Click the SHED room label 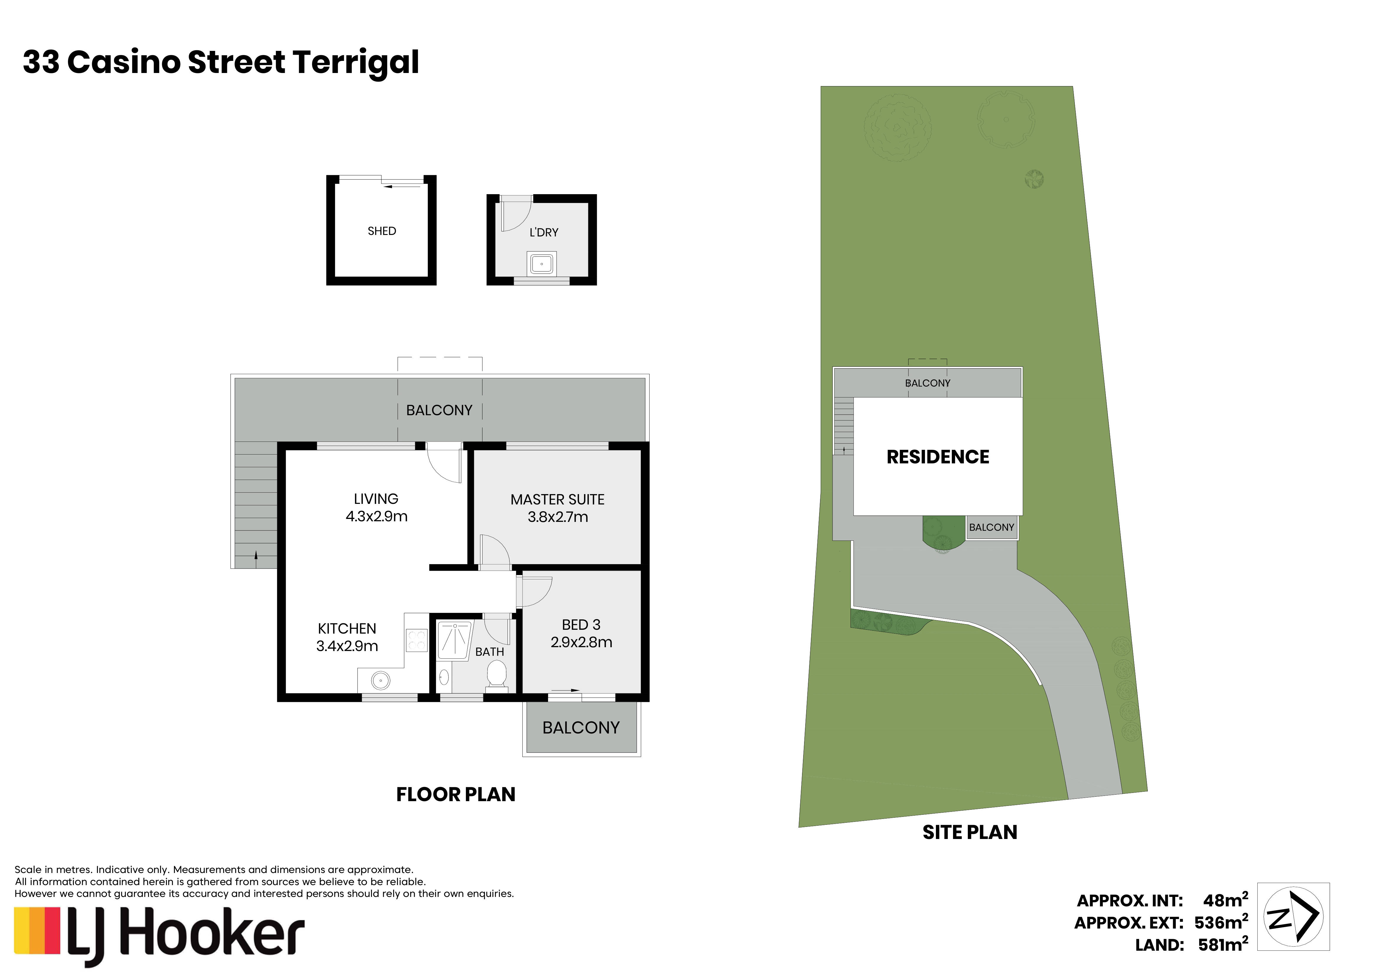click(382, 231)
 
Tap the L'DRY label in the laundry click(544, 232)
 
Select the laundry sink click(542, 264)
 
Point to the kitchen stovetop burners click(417, 640)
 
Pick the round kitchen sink click(381, 681)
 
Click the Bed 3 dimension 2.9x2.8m click(581, 642)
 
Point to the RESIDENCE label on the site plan click(938, 457)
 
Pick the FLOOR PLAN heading click(456, 795)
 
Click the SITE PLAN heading click(970, 832)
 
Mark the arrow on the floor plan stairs click(256, 559)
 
